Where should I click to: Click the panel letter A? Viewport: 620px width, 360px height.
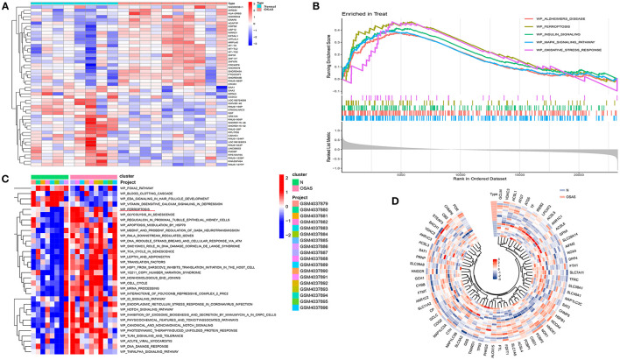6,5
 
